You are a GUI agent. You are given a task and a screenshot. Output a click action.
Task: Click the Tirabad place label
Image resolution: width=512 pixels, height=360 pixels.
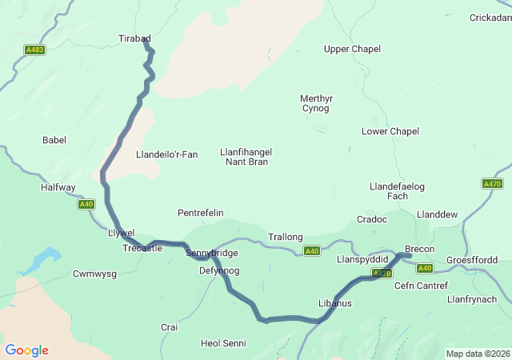[134, 38]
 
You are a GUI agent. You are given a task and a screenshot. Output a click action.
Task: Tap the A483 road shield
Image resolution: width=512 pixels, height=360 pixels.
[34, 50]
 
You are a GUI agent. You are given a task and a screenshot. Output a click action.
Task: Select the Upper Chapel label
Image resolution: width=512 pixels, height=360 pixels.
[352, 50]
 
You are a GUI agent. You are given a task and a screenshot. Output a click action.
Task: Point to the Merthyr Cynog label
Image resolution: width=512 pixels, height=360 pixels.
[315, 103]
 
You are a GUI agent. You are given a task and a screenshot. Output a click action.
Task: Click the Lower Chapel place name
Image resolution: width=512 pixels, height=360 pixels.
[390, 131]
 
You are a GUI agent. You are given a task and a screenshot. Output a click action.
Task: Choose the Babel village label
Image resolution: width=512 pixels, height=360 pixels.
[54, 140]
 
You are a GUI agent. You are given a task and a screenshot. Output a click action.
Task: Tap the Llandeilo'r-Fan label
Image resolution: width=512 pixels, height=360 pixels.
[166, 154]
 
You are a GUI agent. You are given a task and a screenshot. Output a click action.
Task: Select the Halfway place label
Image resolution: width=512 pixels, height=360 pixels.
[58, 187]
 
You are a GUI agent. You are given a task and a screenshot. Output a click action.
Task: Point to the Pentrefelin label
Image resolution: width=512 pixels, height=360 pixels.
[200, 213]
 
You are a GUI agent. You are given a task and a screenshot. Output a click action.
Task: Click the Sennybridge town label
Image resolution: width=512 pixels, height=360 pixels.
[211, 253]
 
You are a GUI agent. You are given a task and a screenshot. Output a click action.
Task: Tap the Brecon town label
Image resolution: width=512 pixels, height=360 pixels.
[419, 249]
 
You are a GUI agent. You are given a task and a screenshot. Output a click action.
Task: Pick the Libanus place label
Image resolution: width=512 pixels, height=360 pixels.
[334, 303]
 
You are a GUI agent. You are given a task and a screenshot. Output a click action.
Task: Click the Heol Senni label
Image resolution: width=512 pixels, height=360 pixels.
[223, 343]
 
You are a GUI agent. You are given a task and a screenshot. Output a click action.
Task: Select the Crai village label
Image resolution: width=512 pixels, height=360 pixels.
[169, 327]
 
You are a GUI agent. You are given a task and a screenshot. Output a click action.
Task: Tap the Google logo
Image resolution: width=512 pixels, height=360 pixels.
[26, 350]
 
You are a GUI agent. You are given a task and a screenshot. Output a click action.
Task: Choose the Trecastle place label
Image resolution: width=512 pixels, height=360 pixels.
[142, 248]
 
